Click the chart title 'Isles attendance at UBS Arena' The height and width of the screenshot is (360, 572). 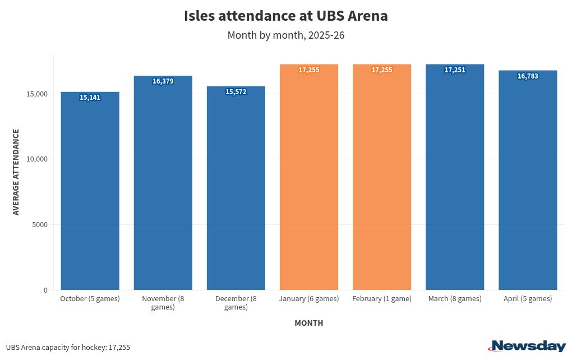click(285, 16)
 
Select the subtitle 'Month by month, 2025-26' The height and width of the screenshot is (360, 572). click(285, 35)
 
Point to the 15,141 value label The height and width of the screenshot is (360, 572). click(90, 98)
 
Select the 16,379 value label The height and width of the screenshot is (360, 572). click(163, 81)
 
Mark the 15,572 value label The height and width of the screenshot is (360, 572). click(236, 92)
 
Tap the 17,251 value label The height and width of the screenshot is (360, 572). click(455, 70)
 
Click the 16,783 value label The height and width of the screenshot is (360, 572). click(528, 76)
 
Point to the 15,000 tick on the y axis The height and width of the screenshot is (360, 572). click(37, 94)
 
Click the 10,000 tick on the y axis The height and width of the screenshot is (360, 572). click(37, 159)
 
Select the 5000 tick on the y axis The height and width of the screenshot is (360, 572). click(39, 225)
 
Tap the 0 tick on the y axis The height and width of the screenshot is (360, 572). click(45, 290)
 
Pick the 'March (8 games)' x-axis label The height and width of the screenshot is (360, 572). click(455, 299)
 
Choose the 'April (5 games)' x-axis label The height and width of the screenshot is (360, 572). click(528, 299)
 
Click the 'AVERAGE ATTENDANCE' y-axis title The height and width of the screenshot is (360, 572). click(16, 172)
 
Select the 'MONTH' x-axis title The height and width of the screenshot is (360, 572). click(308, 323)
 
